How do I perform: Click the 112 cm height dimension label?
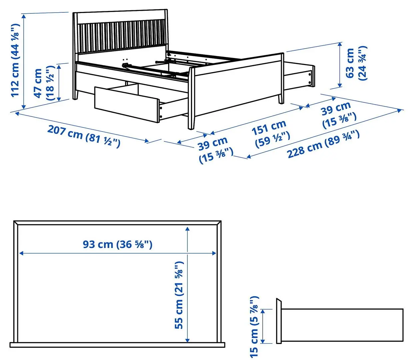pyautogui.click(x=15, y=60)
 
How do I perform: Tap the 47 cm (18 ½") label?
pyautogui.click(x=44, y=83)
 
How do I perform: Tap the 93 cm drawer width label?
pyautogui.click(x=117, y=244)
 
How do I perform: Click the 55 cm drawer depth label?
pyautogui.click(x=179, y=295)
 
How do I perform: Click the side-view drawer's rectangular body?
pyautogui.click(x=342, y=325)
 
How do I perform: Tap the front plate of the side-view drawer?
pyautogui.click(x=279, y=321)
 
